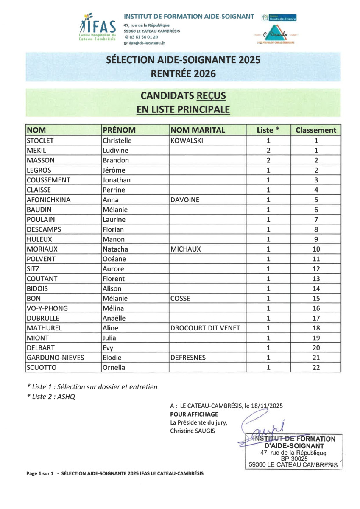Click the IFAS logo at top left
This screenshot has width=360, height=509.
(x=98, y=27)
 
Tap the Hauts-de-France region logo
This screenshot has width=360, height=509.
(x=279, y=18)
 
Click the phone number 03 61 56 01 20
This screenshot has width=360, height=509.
(x=144, y=37)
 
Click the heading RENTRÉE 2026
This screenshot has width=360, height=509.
(x=183, y=73)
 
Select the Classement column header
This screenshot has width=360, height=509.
(x=316, y=130)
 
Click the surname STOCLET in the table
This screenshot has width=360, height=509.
(x=41, y=140)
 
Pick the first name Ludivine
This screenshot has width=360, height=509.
(x=115, y=151)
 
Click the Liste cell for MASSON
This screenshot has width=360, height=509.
(x=268, y=160)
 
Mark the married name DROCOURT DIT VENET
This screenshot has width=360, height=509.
(x=205, y=328)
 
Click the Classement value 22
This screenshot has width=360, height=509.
(x=316, y=368)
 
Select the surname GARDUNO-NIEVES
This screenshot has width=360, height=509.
(x=55, y=358)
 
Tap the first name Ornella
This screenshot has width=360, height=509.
(x=114, y=368)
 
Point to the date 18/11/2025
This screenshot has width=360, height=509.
(x=267, y=405)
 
